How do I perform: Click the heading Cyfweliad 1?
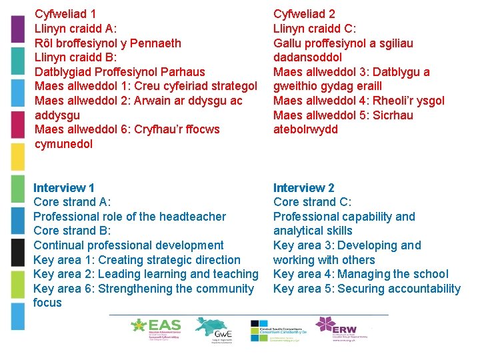tap(65, 13)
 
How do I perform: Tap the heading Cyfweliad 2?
tap(304, 13)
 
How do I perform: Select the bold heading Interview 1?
tap(64, 188)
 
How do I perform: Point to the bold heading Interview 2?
tap(304, 188)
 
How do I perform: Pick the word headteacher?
tap(193, 217)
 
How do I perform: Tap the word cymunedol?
tap(64, 144)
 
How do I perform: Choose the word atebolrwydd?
tap(305, 129)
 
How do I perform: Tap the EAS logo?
tap(157, 328)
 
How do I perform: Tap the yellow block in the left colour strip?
tap(19, 157)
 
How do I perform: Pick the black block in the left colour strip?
tap(19, 253)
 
